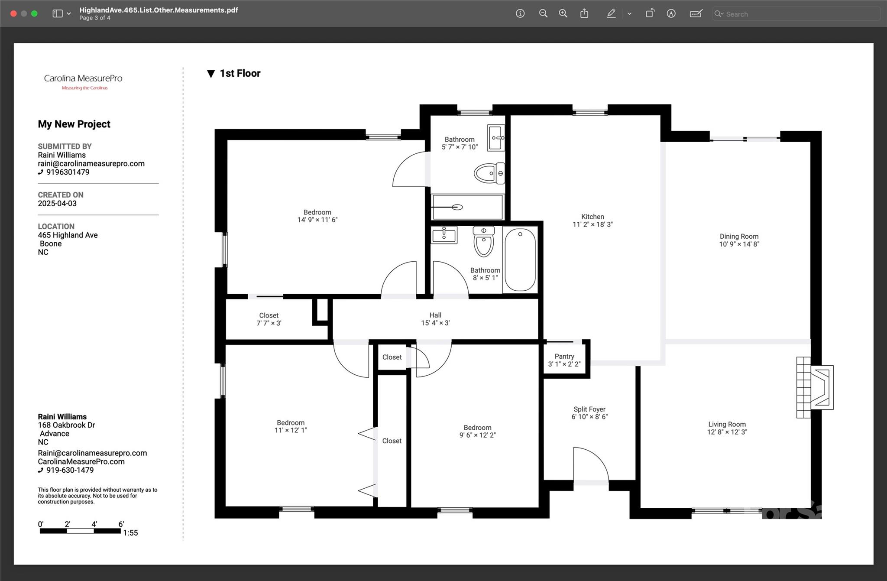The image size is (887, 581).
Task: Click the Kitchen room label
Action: (x=592, y=217)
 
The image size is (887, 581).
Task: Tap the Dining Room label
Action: (x=739, y=237)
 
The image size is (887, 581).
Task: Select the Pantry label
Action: (x=564, y=357)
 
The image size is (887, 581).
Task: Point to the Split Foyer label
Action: (x=589, y=409)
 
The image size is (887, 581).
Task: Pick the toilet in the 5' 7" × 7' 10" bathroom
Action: (x=489, y=173)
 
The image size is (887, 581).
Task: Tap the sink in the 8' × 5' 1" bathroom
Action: (x=444, y=235)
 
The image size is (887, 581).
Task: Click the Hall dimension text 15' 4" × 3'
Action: (x=435, y=323)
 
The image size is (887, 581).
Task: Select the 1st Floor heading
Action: (x=240, y=73)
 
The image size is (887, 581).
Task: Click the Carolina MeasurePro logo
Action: (x=83, y=81)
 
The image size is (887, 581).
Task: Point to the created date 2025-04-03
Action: (x=57, y=204)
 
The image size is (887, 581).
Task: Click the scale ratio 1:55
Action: (x=130, y=533)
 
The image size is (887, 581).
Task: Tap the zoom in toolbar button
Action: (x=563, y=13)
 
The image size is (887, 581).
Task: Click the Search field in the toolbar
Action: (x=796, y=14)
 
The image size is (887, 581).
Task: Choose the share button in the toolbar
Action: (x=584, y=13)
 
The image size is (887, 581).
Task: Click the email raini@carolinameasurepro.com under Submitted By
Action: (x=91, y=164)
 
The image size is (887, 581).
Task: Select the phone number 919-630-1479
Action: (x=70, y=470)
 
